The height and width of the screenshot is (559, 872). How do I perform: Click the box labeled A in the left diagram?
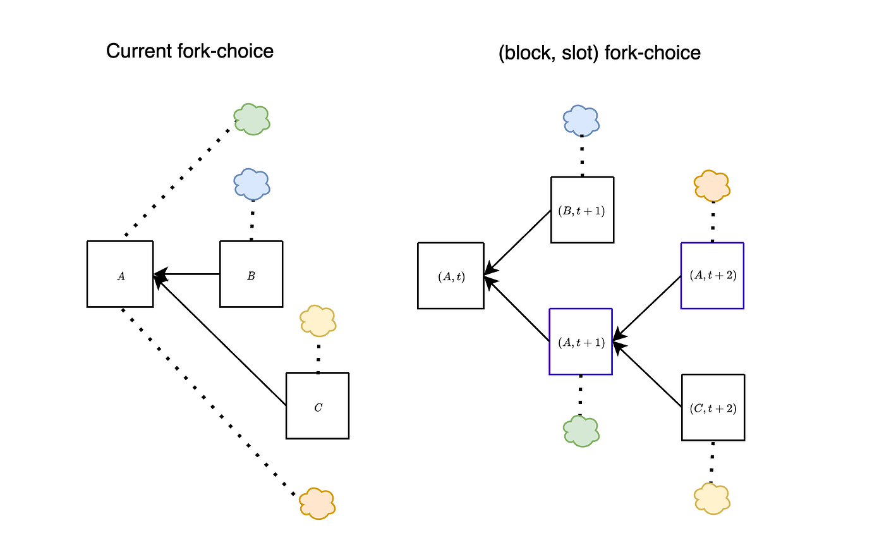coord(120,274)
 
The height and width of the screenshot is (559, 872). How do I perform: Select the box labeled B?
coord(251,274)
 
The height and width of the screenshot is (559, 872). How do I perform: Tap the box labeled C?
coord(318,406)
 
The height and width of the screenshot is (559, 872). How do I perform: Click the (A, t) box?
coord(451,276)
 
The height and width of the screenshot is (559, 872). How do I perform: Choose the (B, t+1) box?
coord(583,210)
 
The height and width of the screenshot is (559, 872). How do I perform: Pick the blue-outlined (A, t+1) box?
coord(581,341)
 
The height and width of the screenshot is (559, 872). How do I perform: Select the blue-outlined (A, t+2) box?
coord(712,276)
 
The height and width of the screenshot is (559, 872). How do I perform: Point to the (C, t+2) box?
coord(713,407)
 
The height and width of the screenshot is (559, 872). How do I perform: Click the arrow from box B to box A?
coord(187,274)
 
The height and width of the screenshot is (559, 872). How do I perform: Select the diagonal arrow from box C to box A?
coord(220,340)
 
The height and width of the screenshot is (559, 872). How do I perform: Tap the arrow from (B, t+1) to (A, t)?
coord(518,243)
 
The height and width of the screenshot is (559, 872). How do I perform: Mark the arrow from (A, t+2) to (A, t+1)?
coord(647,309)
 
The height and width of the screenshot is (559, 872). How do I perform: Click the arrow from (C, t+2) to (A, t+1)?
coord(647,374)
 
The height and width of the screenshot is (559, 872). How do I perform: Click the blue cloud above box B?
coord(252,184)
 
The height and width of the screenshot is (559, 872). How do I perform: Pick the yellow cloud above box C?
coord(318,321)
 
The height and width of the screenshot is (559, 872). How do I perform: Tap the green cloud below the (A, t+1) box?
coord(581,431)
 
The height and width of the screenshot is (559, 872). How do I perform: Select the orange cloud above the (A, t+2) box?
coord(712,186)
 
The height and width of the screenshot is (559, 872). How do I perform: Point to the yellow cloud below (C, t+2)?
coord(712,499)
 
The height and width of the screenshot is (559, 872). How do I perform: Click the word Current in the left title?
coord(139,51)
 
